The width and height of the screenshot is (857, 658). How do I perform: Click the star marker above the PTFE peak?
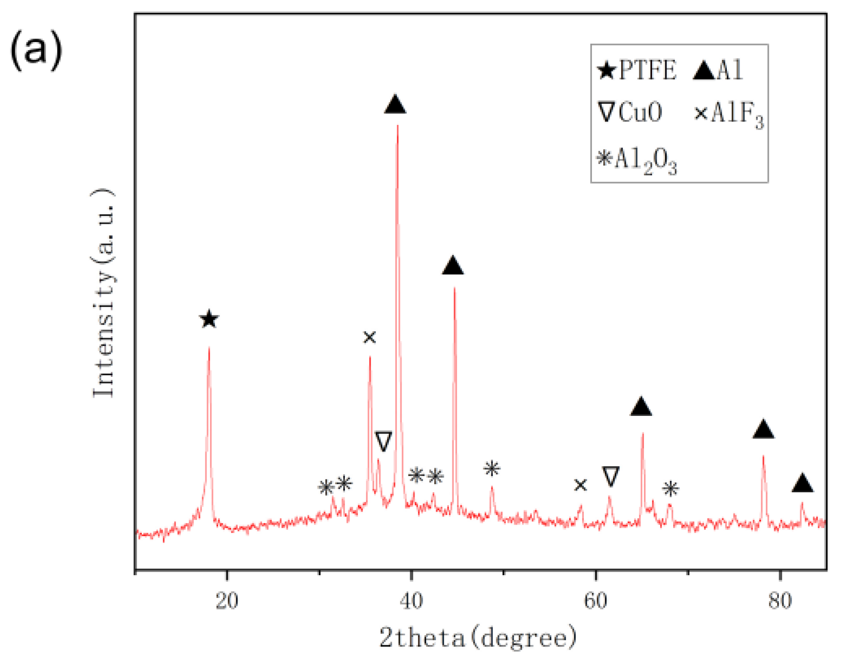209,319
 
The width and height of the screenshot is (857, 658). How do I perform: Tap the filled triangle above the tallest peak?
395,105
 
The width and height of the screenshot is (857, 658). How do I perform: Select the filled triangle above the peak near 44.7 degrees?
453,266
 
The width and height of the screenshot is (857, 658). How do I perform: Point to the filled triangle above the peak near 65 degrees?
641,407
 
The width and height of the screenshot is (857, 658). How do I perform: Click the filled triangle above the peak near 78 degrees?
763,430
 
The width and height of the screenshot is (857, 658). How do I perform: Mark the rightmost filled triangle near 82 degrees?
802,483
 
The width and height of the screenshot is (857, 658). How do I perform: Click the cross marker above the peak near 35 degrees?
369,337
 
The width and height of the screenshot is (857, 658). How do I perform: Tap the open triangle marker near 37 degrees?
383,441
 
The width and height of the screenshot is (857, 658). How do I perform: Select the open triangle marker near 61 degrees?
610,476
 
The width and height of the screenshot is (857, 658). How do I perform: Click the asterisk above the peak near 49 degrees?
492,469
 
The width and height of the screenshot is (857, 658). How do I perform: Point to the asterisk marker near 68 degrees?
671,489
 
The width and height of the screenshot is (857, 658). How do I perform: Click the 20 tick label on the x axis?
227,601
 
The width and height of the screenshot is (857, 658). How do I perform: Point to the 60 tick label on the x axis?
596,601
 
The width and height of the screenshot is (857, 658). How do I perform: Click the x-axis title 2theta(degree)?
478,638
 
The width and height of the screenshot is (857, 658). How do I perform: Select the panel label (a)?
36,50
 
